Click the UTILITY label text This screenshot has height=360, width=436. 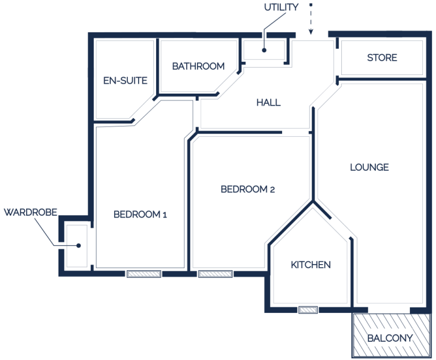click(281, 7)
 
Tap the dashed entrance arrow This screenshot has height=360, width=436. click(311, 19)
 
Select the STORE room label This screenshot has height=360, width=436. click(382, 57)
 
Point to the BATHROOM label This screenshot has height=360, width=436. click(198, 66)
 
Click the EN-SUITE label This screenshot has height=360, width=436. click(125, 81)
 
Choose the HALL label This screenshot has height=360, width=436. click(269, 103)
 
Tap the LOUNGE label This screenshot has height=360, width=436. click(369, 167)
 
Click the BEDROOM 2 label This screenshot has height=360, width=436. click(248, 189)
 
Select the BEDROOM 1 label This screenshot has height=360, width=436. click(140, 214)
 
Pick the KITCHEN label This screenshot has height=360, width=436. click(311, 265)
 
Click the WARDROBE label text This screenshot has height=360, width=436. click(30, 212)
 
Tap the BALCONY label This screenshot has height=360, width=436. click(390, 338)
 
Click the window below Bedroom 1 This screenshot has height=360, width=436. click(144, 274)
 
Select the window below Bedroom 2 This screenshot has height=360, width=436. click(215, 274)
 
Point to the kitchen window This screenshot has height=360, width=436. click(308, 310)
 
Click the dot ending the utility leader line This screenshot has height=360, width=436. click(264, 51)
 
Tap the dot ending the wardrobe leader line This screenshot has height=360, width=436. click(79, 246)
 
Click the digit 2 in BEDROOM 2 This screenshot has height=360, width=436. click(272, 190)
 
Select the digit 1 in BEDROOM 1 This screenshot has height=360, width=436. click(165, 215)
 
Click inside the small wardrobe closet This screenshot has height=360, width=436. click(76, 236)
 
